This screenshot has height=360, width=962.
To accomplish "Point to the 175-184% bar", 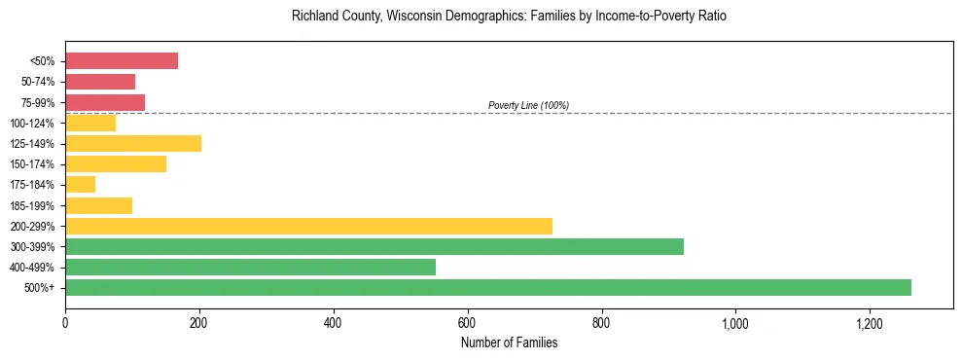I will [80, 185].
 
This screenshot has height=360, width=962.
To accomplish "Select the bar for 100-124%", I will [90, 124].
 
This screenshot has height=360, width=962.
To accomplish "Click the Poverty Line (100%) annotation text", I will [528, 105].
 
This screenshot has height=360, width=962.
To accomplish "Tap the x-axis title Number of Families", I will [509, 342].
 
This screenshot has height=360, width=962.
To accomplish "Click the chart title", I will [509, 17].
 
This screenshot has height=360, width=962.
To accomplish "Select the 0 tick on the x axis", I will [65, 322].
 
